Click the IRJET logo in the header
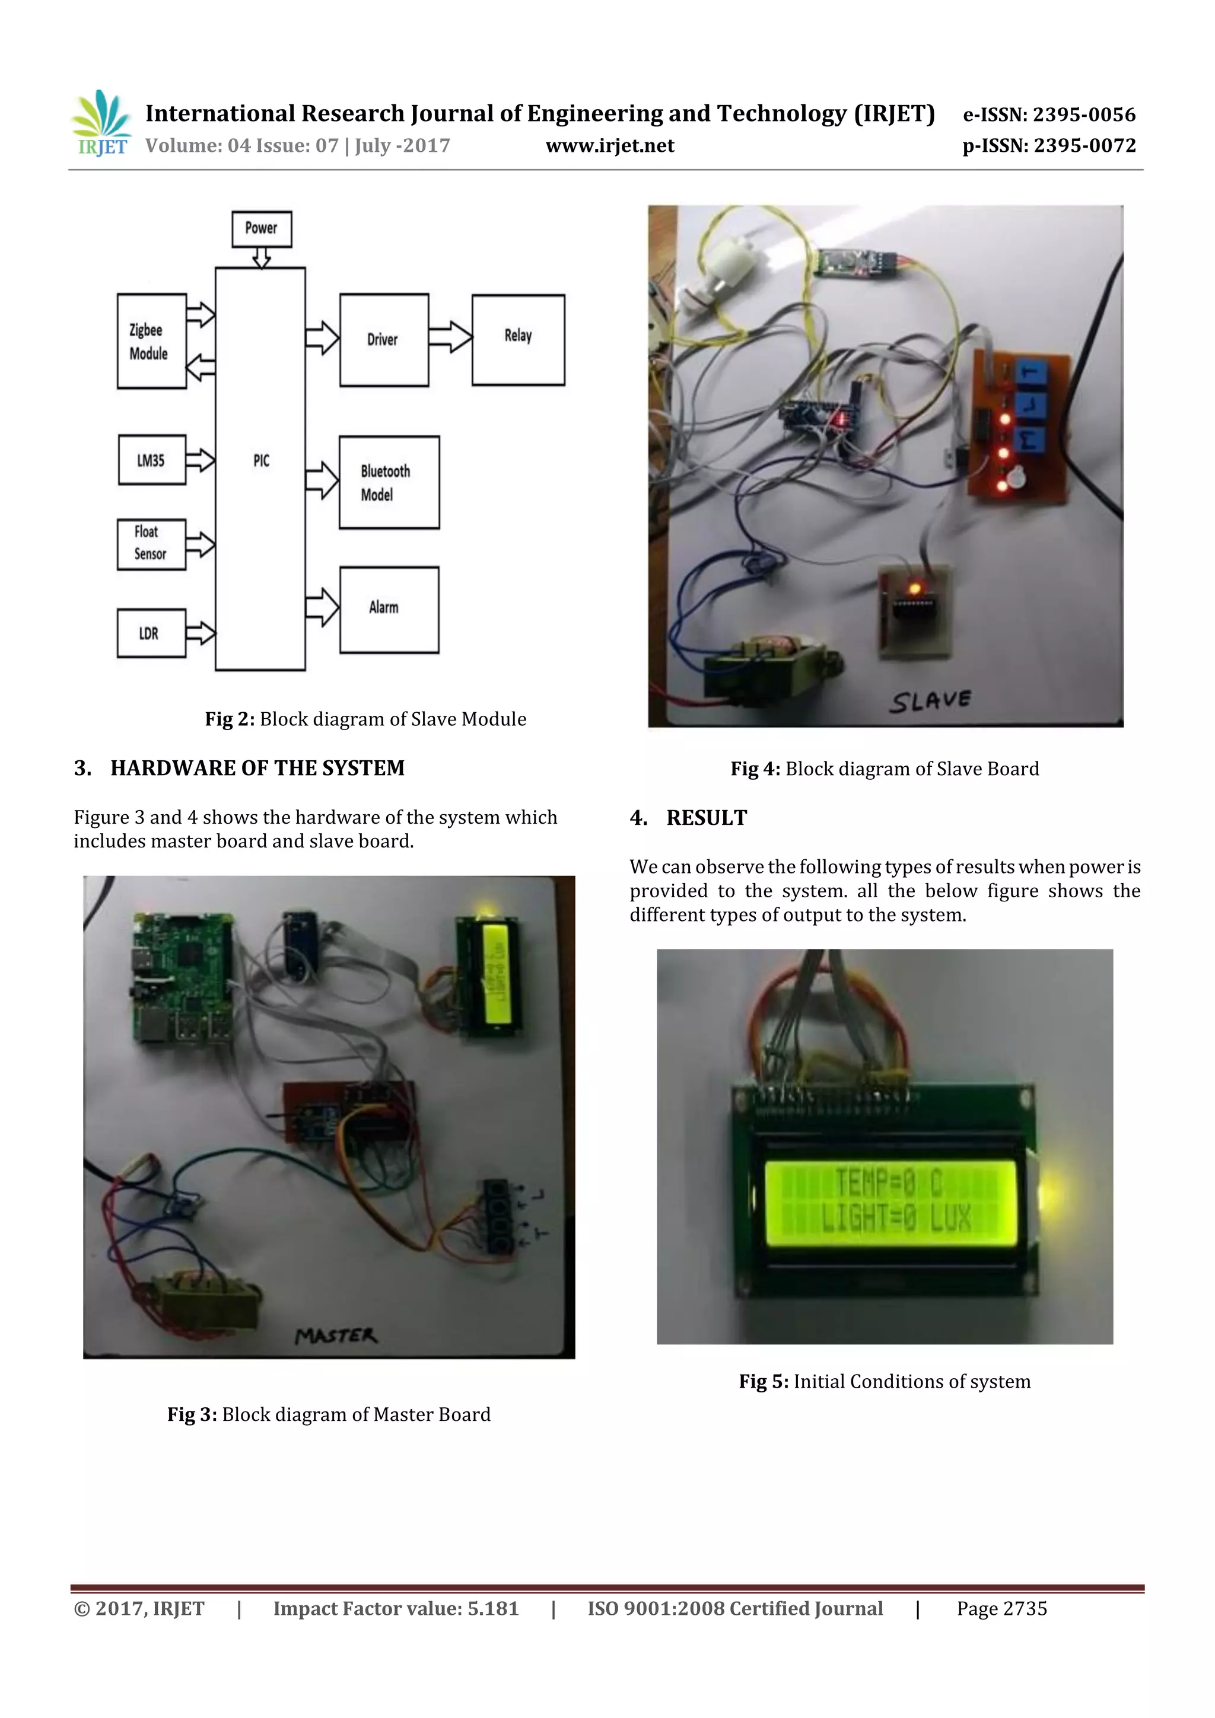point(100,123)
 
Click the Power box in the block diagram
point(261,228)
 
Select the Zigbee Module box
point(151,341)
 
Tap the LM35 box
point(152,460)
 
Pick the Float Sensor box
point(151,544)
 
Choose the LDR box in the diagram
point(151,633)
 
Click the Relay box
point(518,340)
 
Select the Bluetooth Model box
point(389,483)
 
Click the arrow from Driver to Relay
point(450,337)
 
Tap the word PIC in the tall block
point(260,461)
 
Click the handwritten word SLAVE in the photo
point(930,700)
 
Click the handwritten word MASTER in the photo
point(336,1335)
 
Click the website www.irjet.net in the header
point(609,145)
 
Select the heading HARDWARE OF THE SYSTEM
point(257,768)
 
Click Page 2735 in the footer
point(1001,1608)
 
